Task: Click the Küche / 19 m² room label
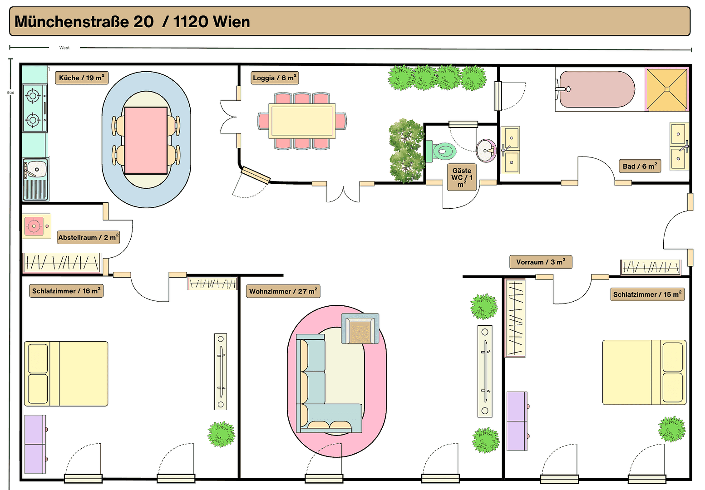(82, 78)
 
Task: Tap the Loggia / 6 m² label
(275, 78)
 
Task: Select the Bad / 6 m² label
(640, 166)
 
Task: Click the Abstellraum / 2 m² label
(89, 237)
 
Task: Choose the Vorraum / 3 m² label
(541, 262)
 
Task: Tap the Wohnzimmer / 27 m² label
(283, 291)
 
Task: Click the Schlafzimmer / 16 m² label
(66, 291)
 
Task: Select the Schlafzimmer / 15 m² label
(647, 294)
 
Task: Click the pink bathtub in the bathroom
(597, 89)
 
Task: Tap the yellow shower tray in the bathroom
(667, 89)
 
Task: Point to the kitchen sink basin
(36, 170)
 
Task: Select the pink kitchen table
(146, 140)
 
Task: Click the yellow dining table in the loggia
(302, 121)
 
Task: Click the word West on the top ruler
(64, 48)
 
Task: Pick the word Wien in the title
(231, 22)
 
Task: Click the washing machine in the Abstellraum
(35, 226)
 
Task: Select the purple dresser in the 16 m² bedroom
(35, 444)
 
